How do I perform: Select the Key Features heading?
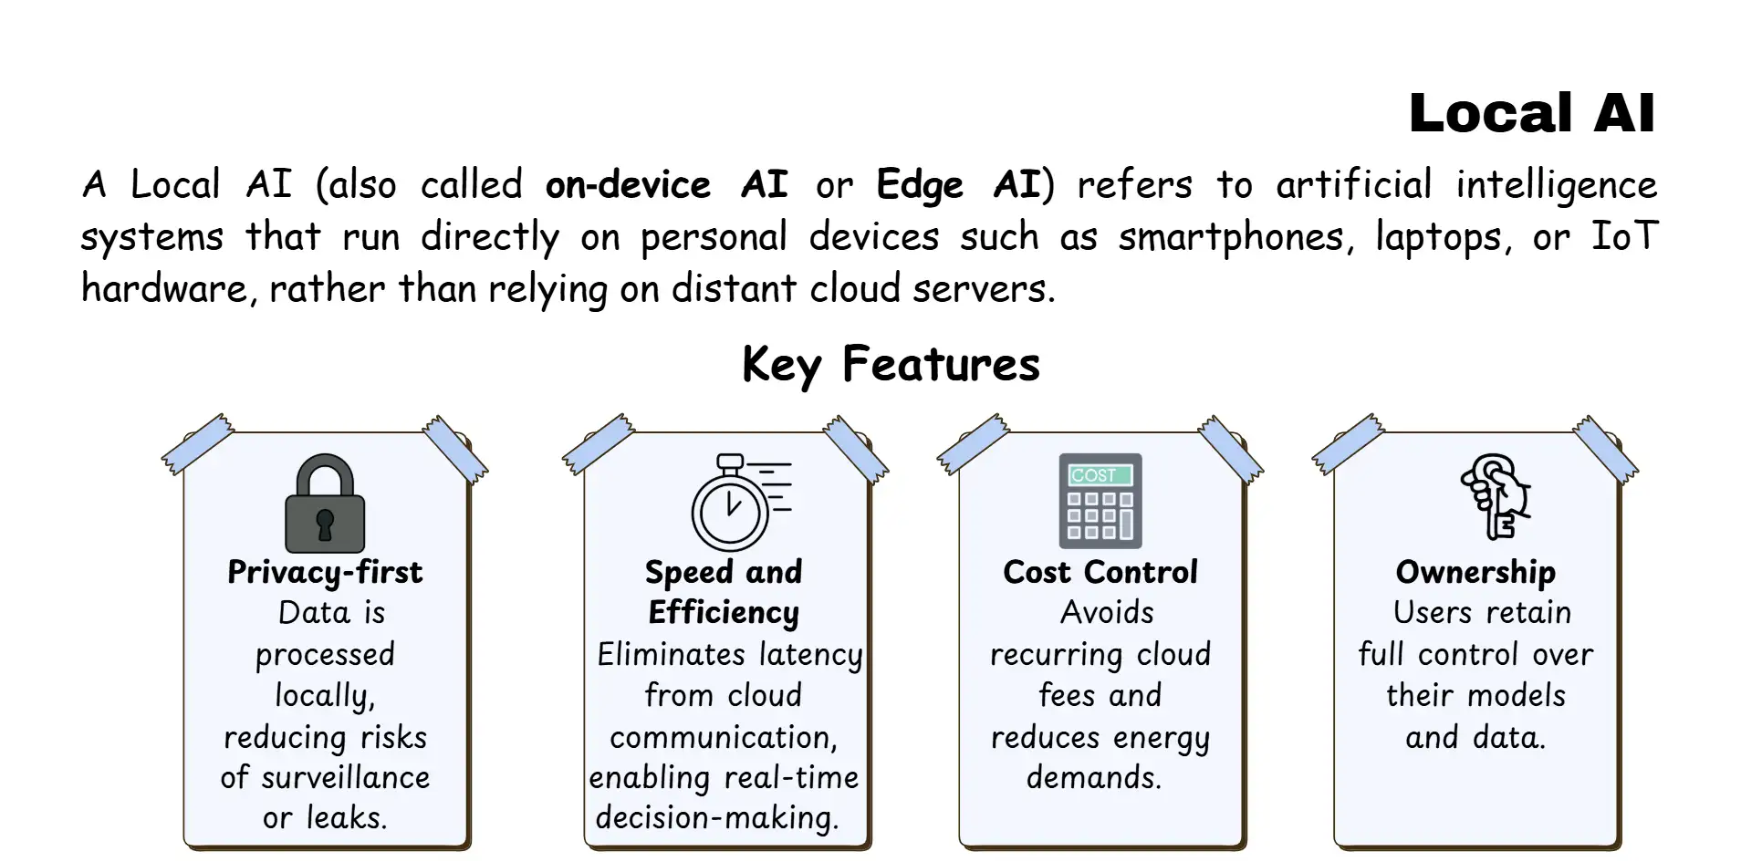tap(891, 364)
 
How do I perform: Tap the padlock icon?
tap(325, 504)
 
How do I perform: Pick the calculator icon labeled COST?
tap(1100, 501)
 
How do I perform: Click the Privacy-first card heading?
tap(325, 572)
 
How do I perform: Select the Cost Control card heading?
tap(1100, 572)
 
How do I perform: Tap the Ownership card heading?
tap(1475, 572)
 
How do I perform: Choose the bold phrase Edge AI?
tap(957, 185)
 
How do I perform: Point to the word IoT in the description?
tap(1624, 236)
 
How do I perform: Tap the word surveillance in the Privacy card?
tap(345, 777)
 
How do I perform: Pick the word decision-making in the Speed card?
tap(716, 818)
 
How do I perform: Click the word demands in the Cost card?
tap(1093, 777)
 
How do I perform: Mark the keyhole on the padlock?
tap(325, 524)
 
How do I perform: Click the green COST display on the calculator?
tap(1100, 475)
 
